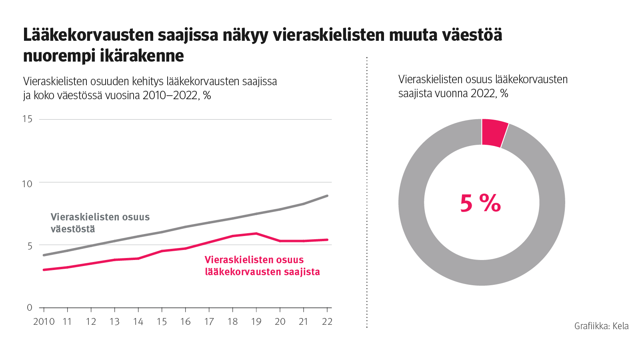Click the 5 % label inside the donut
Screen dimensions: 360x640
[480, 203]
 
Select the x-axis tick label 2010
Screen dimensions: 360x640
[44, 322]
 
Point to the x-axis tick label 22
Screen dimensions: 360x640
[327, 322]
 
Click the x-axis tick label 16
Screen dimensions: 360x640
[185, 322]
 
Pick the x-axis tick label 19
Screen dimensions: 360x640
[256, 322]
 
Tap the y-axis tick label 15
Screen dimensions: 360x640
[27, 119]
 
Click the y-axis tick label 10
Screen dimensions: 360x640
[27, 184]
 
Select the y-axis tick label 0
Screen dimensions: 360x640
[30, 308]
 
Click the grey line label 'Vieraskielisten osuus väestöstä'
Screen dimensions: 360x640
[100, 223]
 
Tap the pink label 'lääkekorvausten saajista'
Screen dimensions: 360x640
[262, 272]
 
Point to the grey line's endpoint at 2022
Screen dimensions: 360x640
[327, 196]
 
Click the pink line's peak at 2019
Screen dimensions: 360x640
[256, 234]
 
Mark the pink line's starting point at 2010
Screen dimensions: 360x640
[44, 270]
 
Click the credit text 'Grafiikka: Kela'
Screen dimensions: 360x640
[601, 326]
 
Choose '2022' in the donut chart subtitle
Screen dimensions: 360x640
[483, 94]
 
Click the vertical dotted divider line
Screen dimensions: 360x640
[367, 192]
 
